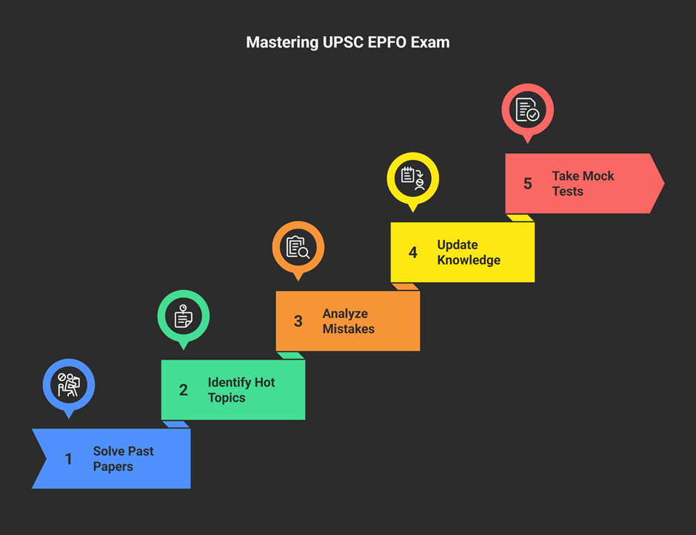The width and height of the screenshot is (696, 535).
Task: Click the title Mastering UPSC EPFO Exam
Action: [x=348, y=43]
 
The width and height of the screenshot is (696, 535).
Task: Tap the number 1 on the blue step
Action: [x=68, y=459]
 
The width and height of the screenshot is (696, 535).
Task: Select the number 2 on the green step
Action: [x=184, y=390]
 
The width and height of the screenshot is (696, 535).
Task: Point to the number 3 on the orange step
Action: [x=298, y=321]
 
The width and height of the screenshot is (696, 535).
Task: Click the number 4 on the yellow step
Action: [x=413, y=252]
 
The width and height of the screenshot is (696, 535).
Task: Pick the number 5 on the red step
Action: [x=528, y=184]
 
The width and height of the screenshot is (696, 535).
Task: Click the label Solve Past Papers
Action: [x=124, y=459]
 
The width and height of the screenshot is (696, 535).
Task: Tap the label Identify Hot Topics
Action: [x=241, y=390]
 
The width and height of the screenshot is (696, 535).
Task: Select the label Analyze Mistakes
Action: [x=349, y=321]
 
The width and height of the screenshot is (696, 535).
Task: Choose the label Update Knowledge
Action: [x=469, y=252]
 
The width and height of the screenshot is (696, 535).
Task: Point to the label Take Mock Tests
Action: [x=583, y=184]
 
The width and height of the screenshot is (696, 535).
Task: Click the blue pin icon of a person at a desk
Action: [x=69, y=385]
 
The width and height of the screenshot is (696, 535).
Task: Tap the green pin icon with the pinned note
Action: [x=184, y=316]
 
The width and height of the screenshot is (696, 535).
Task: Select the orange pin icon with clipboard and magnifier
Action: [x=298, y=248]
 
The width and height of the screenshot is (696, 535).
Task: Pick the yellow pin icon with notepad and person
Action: [x=413, y=179]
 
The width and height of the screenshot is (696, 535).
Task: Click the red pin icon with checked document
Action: [x=528, y=110]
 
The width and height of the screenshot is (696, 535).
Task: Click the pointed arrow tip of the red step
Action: [x=664, y=184]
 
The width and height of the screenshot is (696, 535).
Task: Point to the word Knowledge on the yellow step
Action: [x=469, y=260]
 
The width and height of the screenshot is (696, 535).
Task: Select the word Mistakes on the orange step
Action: [x=349, y=329]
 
